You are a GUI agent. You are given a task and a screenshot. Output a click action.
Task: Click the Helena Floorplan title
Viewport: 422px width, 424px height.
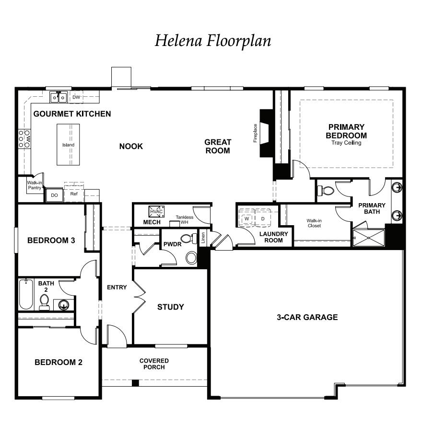point(212,41)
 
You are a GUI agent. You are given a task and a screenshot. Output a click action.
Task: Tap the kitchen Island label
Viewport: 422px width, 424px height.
point(68,145)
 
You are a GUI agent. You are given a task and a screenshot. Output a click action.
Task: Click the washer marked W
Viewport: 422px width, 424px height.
point(246,218)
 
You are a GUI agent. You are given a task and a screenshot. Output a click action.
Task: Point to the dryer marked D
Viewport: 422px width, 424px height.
point(263,218)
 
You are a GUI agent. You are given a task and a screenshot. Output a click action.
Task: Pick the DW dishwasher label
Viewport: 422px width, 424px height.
point(76,97)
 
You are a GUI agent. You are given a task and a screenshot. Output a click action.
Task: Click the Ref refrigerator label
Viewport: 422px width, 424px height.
point(74,194)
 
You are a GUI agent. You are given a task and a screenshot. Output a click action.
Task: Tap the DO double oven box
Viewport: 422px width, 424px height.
point(54,195)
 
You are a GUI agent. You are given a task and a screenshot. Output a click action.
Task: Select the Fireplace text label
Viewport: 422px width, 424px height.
point(256,133)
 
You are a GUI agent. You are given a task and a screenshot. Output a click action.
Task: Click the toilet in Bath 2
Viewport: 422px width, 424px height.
point(45,301)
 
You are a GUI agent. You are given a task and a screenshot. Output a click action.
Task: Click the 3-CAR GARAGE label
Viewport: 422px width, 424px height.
point(307,317)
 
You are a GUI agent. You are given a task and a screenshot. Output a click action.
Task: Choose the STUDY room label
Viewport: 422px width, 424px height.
point(171,307)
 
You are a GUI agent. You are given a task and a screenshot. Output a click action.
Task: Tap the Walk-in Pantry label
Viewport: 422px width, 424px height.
point(34,185)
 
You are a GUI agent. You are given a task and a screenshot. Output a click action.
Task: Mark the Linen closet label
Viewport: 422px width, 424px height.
point(203,238)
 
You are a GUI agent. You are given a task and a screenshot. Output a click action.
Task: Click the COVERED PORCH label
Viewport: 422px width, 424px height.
point(154,364)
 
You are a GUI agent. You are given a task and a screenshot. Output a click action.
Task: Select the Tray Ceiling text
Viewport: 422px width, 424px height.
point(346,143)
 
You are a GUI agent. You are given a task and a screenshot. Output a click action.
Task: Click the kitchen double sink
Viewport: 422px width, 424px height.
point(59,97)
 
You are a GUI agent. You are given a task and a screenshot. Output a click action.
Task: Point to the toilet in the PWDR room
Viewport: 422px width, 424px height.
point(187,239)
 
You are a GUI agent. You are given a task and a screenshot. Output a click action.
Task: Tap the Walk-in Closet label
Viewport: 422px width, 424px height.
point(314,223)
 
